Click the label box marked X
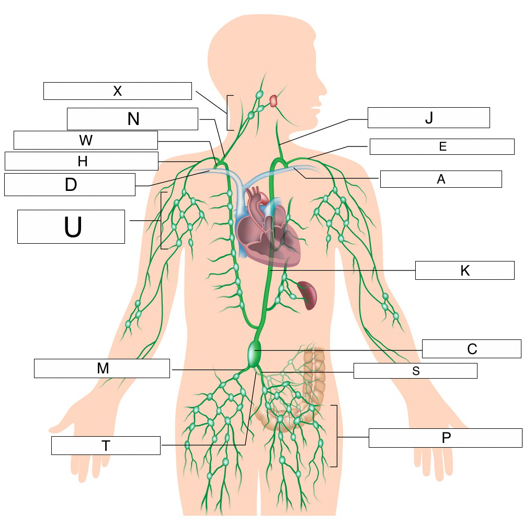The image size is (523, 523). tap(117, 90)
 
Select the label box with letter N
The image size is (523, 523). tap(132, 119)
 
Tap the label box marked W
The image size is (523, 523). tap(85, 140)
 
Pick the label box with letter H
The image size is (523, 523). tap(81, 161)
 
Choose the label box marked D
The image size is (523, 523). tap(70, 185)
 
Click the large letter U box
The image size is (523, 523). tap(71, 226)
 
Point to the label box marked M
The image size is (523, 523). tap(102, 368)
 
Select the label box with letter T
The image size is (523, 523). tap(106, 446)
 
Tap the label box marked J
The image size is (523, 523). tap(428, 118)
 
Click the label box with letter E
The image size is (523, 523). tap(442, 146)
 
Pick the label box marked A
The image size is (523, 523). tap(440, 179)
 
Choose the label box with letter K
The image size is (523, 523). tap(464, 270)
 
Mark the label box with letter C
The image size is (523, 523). tap(471, 349)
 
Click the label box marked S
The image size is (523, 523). tap(415, 371)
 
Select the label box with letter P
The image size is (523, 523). tap(445, 438)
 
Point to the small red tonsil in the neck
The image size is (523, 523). tap(274, 100)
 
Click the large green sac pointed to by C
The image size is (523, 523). tap(254, 353)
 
